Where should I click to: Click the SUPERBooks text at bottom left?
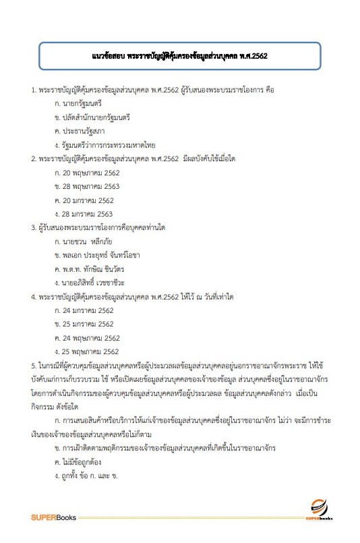point(55,517)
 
